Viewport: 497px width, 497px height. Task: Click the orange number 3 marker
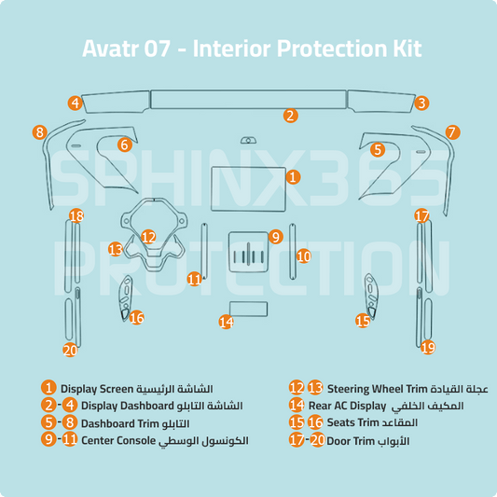pos(421,104)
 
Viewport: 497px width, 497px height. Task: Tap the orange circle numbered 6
pos(124,145)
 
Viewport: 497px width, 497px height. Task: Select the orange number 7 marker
pos(452,132)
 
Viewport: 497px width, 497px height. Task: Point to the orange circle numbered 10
pos(303,255)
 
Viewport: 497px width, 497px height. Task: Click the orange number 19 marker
pos(428,347)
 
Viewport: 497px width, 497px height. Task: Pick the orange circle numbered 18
pos(76,216)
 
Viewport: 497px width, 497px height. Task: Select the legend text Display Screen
pos(97,388)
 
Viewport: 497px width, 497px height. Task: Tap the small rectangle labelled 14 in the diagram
pos(248,309)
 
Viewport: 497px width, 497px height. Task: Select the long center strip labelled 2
pos(248,99)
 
